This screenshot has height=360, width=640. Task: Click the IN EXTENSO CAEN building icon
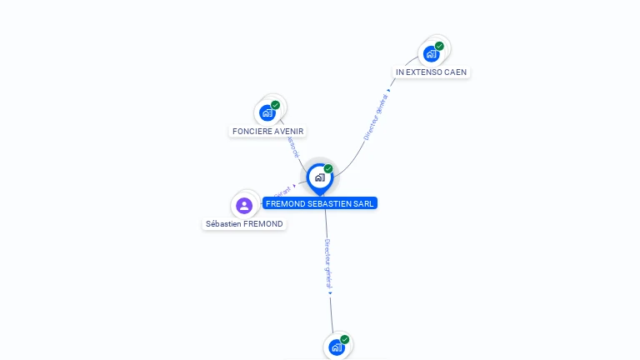tap(431, 54)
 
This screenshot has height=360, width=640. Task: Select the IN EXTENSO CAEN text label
tap(431, 72)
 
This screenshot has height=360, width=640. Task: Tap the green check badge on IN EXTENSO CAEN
tap(439, 46)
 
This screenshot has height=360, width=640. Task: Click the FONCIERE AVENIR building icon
tap(267, 112)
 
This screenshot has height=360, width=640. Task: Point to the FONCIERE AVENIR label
tap(268, 131)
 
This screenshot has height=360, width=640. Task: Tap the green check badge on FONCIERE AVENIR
tap(276, 105)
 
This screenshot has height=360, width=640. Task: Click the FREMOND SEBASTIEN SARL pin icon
tap(319, 177)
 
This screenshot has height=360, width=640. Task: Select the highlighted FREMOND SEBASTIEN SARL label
tap(320, 203)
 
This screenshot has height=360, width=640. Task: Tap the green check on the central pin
tap(328, 169)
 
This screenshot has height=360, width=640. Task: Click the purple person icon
tap(244, 205)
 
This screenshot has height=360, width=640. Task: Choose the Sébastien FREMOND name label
tap(244, 224)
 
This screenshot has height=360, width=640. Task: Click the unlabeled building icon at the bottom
tap(337, 347)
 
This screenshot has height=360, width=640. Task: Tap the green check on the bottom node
tap(345, 339)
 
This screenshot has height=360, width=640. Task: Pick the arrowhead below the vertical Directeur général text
tap(330, 292)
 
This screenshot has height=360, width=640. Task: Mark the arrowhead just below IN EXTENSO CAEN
tap(388, 90)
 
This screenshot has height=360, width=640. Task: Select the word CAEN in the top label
tap(456, 72)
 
